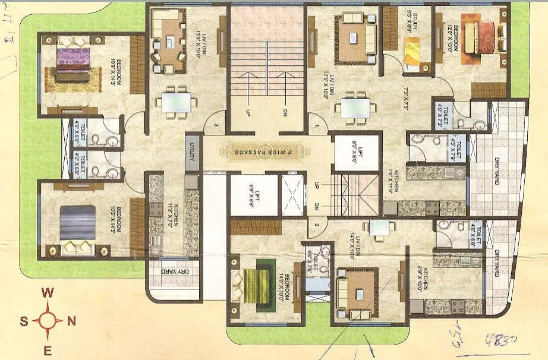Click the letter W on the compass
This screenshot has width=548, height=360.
[49, 293]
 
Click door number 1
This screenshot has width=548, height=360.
[318, 127]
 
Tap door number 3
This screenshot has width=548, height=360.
[218, 125]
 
